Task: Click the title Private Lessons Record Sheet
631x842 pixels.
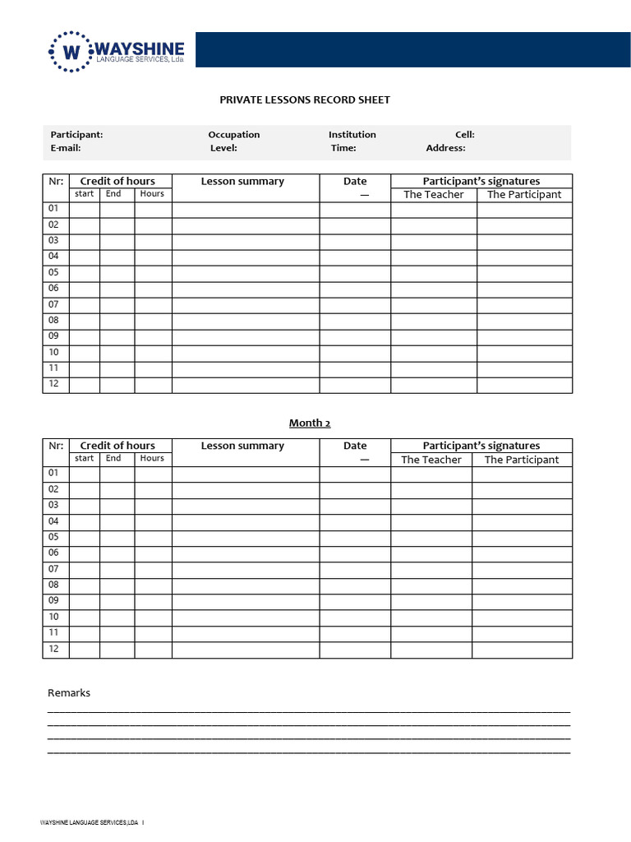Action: tap(304, 99)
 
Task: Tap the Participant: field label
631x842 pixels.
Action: tap(76, 135)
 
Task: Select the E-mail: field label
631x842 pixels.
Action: tap(66, 148)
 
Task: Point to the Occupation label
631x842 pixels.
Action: tap(233, 135)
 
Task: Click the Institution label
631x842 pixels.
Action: tap(352, 135)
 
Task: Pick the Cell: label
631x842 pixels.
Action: tap(464, 135)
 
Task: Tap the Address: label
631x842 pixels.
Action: tap(445, 148)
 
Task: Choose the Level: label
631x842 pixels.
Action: tap(223, 148)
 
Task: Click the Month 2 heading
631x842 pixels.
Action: tap(309, 423)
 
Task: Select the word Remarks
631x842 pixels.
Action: tap(69, 693)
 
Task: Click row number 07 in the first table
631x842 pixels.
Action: tap(53, 304)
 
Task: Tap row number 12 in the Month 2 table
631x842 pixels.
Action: tap(53, 649)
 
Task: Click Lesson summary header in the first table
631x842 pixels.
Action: tap(242, 182)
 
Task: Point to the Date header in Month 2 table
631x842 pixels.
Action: tap(355, 446)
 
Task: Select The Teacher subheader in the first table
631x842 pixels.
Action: tap(433, 195)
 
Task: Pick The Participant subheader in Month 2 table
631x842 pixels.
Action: tap(521, 460)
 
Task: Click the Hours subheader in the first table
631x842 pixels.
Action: tap(152, 194)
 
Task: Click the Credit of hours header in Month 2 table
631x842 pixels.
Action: tap(117, 446)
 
